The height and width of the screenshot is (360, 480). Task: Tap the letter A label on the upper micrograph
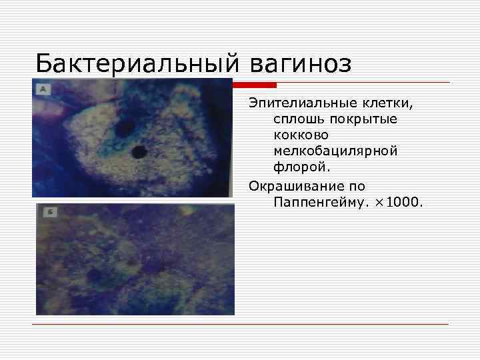[x=43, y=88]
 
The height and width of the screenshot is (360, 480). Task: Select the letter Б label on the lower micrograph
[x=48, y=212]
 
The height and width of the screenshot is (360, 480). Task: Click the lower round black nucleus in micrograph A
[x=139, y=153]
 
